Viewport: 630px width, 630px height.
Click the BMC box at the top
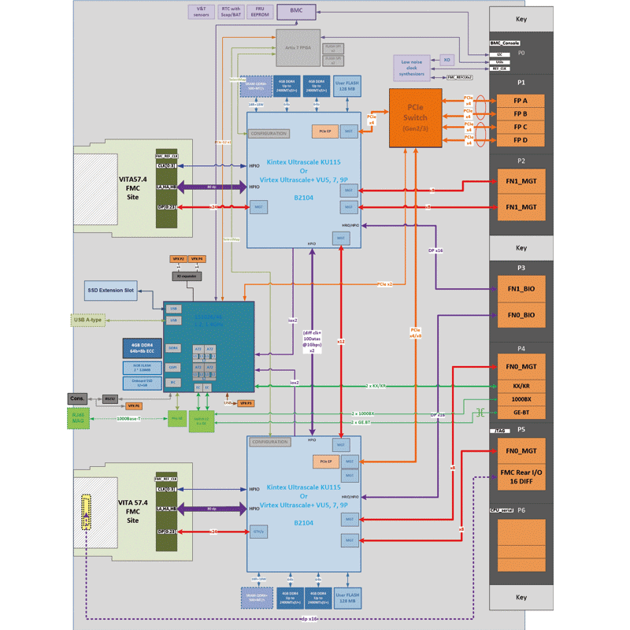pyautogui.click(x=295, y=11)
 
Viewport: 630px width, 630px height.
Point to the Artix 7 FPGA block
pyautogui.click(x=298, y=48)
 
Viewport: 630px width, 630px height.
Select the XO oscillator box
pyautogui.click(x=447, y=60)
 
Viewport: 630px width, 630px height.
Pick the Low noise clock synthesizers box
pyautogui.click(x=413, y=68)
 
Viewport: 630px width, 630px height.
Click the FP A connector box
pyautogui.click(x=521, y=101)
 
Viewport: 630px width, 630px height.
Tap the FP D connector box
pyautogui.click(x=521, y=141)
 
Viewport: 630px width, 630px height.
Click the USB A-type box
pyautogui.click(x=88, y=320)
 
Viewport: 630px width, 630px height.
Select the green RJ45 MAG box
pyautogui.click(x=79, y=418)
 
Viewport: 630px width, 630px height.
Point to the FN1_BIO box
pyautogui.click(x=521, y=288)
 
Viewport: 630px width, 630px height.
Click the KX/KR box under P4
pyautogui.click(x=521, y=386)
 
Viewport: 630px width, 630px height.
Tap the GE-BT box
pyautogui.click(x=521, y=413)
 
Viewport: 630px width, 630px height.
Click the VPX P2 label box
pyautogui.click(x=178, y=258)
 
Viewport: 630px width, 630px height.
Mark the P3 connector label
pyautogui.click(x=521, y=268)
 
